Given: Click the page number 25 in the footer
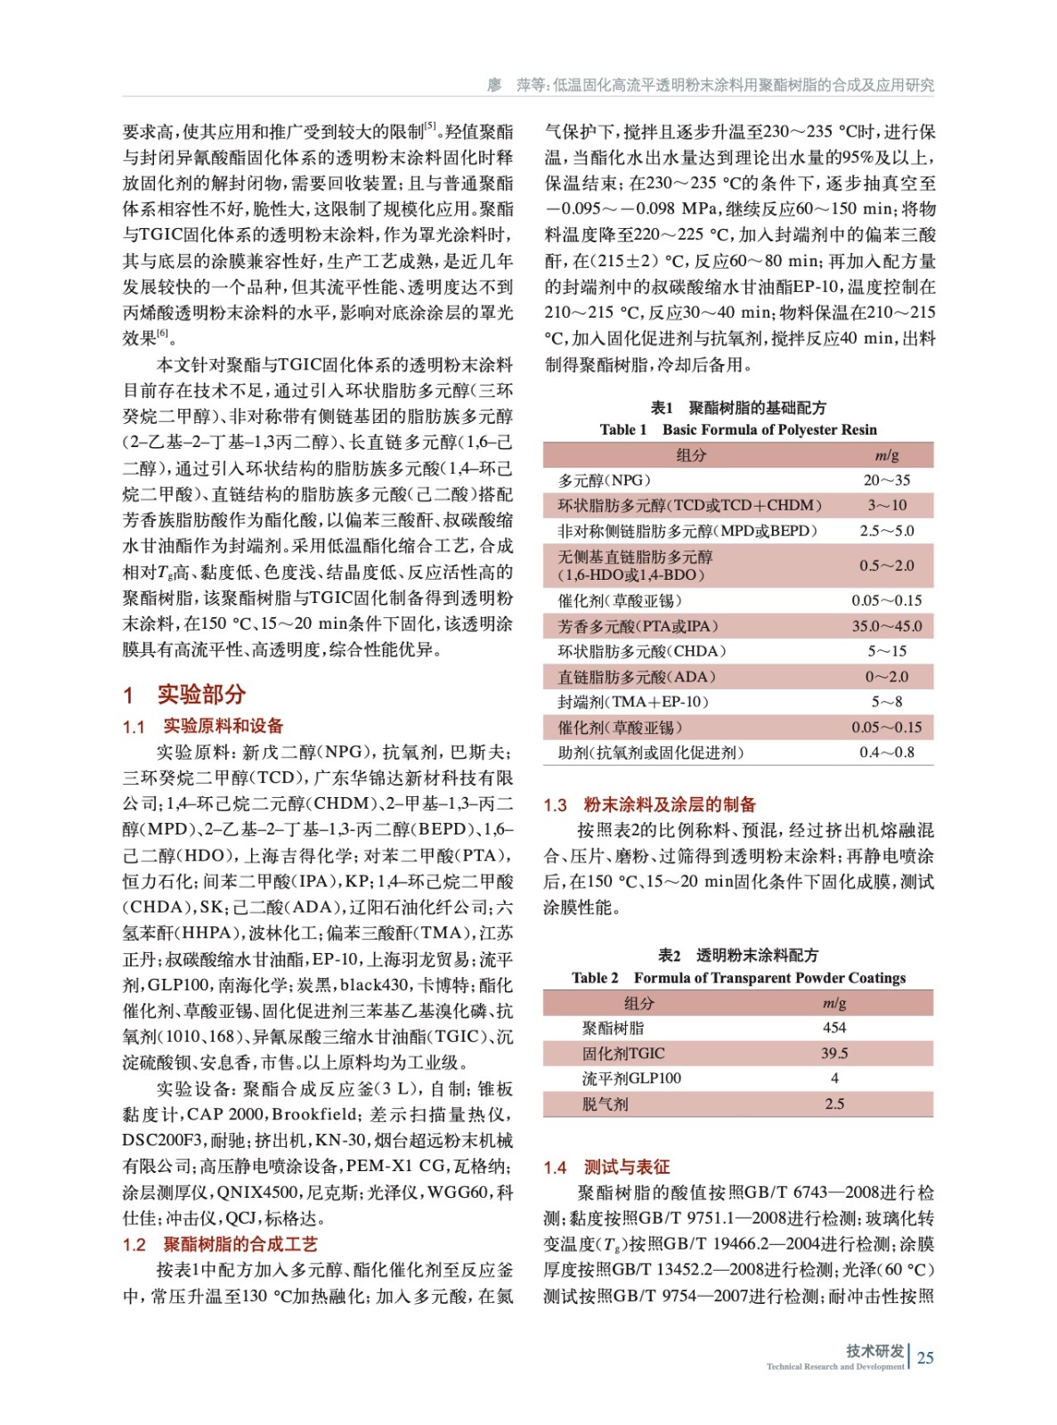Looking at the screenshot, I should point(925,1357).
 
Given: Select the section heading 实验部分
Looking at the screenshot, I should point(201,695).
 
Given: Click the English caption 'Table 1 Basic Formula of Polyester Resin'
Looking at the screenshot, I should point(738,429).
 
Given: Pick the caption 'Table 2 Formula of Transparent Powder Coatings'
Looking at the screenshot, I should point(738,978).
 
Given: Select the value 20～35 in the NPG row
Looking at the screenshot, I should point(886,480).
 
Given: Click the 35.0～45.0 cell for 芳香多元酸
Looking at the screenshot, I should point(886,626).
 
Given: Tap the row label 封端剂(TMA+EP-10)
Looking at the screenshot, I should point(633,702).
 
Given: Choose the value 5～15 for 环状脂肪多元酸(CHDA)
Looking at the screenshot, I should point(886,651).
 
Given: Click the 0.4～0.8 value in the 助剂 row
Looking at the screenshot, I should point(886,753).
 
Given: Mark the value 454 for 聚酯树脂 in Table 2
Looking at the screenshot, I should point(834,1028).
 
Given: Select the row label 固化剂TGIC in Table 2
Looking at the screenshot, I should point(623,1054).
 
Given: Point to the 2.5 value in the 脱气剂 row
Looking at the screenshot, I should point(834,1104).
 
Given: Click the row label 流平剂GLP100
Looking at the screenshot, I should point(631,1079).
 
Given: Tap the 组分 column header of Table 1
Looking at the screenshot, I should point(691,455).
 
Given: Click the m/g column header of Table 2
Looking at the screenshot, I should point(834,1003).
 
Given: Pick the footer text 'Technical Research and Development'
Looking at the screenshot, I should point(834,1366).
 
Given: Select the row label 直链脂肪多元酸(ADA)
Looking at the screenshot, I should point(637,677).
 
